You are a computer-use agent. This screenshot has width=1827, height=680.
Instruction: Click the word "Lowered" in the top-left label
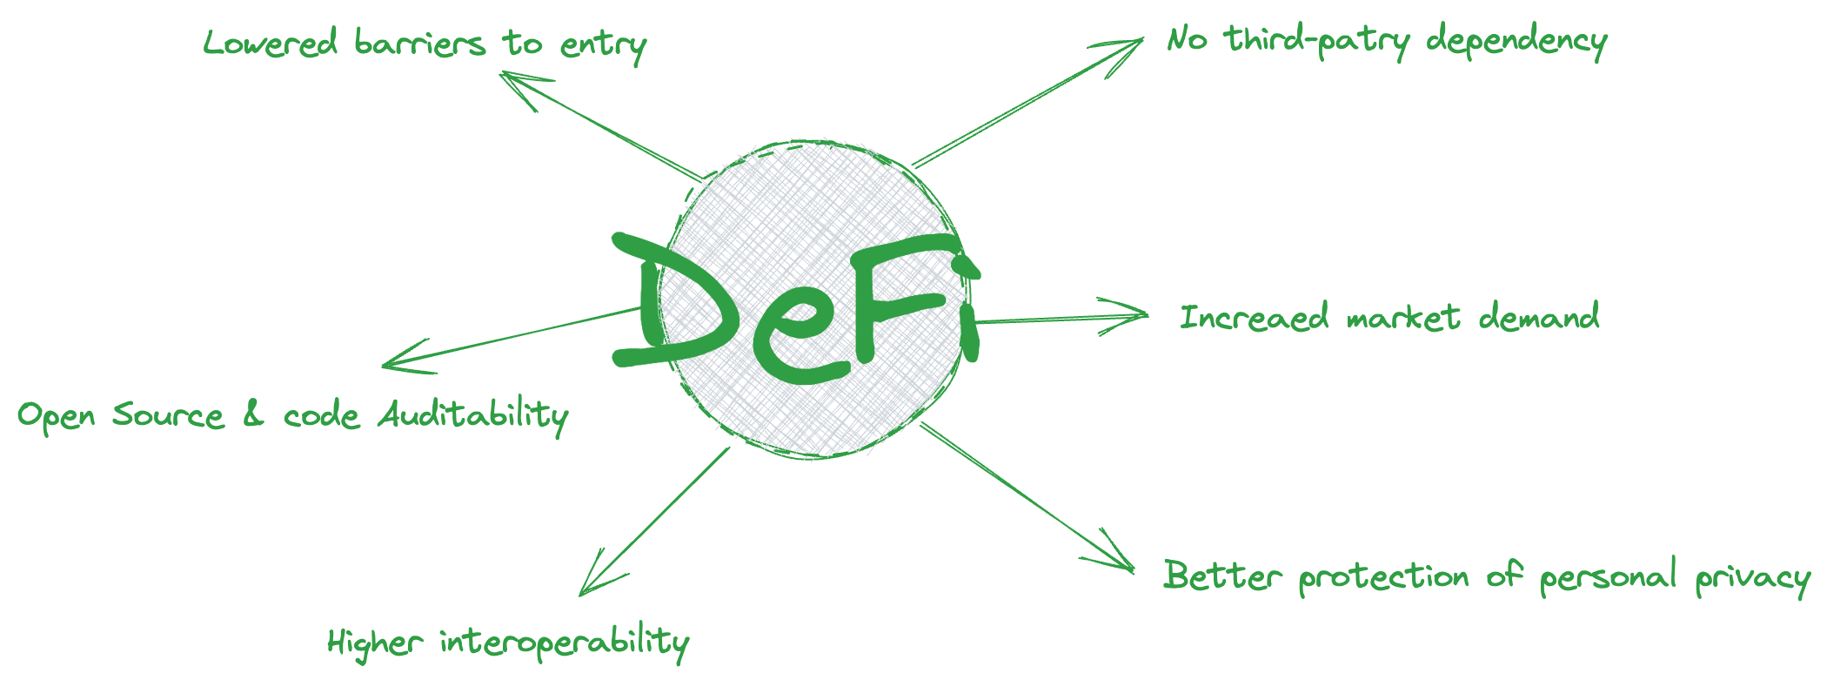(270, 43)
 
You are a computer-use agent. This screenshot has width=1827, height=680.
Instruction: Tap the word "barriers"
(419, 44)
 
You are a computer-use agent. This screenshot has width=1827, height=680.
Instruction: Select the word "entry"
(603, 46)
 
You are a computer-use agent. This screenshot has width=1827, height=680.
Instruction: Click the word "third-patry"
(1317, 41)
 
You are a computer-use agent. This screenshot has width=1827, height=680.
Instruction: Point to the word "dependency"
(1516, 42)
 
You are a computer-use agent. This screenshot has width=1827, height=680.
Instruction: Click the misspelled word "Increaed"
(1254, 317)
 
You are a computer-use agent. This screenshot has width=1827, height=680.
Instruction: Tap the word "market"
(1403, 317)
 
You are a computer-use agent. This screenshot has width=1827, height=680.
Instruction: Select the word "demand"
(1539, 317)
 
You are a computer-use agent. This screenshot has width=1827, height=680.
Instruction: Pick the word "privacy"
(1752, 579)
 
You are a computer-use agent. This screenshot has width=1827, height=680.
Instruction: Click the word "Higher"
(375, 643)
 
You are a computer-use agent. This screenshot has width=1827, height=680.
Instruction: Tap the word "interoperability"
(565, 643)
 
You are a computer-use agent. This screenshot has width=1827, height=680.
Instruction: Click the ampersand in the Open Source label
(253, 414)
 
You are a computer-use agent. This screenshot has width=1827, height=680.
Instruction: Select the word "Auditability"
(473, 415)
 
